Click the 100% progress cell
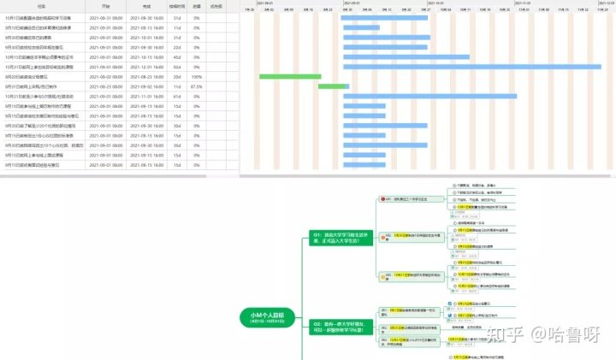[197, 76]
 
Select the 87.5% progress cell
[197, 86]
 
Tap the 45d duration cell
[177, 56]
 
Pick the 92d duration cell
[177, 67]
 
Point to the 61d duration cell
[177, 96]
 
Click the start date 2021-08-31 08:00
[106, 17]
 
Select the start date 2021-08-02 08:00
[106, 76]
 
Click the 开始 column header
[106, 7]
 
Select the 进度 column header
[197, 7]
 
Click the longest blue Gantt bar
[479, 67]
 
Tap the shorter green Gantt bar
[334, 86]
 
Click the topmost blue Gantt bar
[384, 17]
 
